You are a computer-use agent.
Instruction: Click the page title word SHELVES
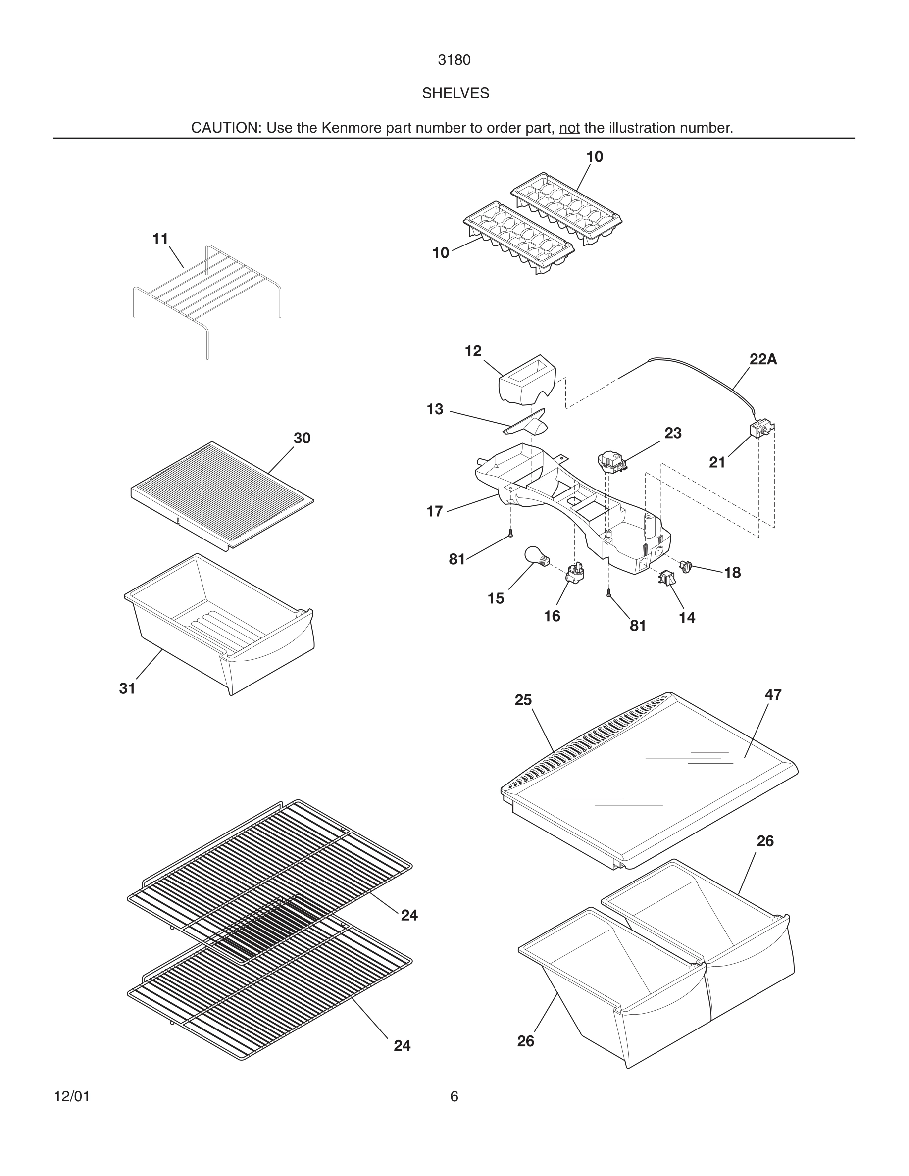click(455, 93)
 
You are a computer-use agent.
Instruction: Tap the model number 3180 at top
click(454, 60)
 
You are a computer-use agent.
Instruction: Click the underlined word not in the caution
click(569, 128)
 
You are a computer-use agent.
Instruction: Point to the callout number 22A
click(763, 359)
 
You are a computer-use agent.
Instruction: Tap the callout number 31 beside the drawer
click(127, 688)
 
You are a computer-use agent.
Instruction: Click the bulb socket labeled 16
click(576, 575)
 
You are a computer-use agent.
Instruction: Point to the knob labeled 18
click(686, 566)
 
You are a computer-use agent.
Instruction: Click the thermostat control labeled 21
click(760, 429)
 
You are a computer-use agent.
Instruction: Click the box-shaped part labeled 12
click(527, 380)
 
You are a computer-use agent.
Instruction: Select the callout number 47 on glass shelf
click(773, 695)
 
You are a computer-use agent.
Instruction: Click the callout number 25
click(523, 700)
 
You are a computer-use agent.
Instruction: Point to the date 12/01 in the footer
click(72, 1096)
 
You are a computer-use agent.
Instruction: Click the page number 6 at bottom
click(454, 1096)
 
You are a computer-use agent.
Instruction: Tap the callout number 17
click(435, 512)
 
